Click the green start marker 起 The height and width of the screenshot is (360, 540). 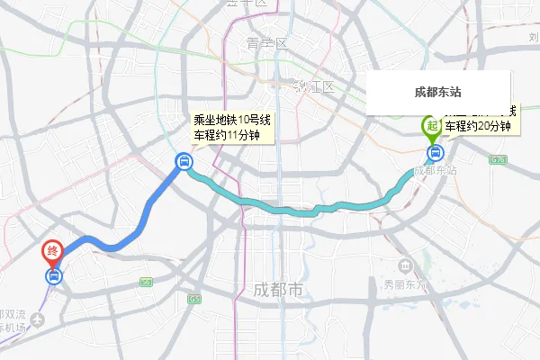[x=431, y=126]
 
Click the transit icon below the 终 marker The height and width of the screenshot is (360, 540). [x=54, y=275]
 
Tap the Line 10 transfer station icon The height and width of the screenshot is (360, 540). [x=184, y=162]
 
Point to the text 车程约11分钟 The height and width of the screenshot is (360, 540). [x=227, y=135]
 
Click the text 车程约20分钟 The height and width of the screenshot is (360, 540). [x=477, y=126]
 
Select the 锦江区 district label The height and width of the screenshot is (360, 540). [x=314, y=87]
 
